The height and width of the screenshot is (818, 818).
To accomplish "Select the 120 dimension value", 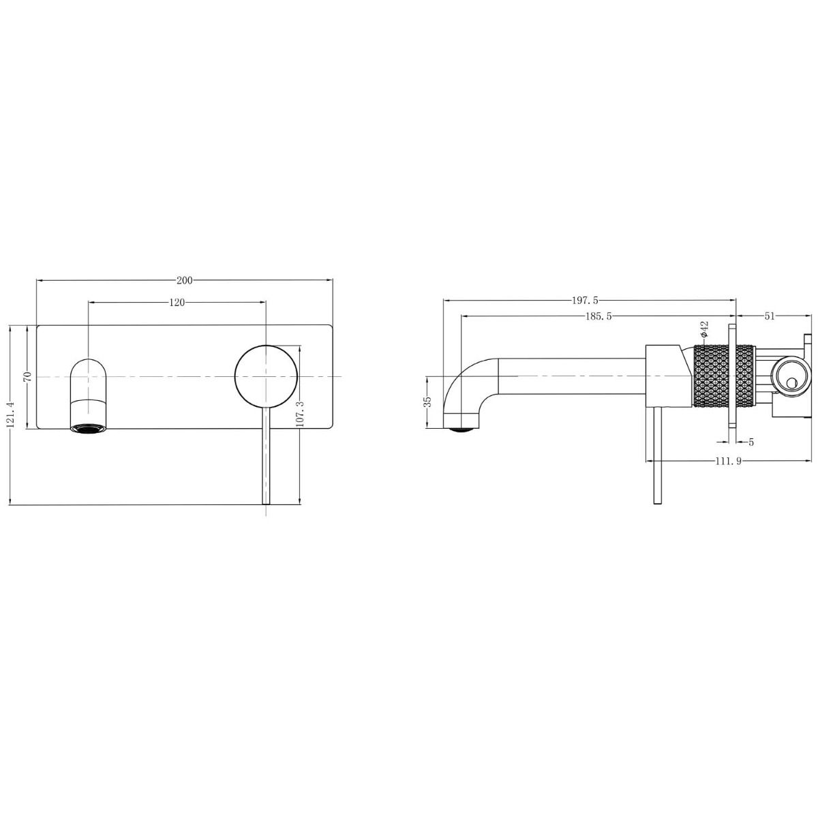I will [177, 303].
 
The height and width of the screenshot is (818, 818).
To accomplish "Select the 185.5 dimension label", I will [598, 316].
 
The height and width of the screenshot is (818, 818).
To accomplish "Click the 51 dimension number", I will [770, 316].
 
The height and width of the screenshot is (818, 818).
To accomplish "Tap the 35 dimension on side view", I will [427, 402].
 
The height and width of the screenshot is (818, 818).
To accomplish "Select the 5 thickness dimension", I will [751, 442].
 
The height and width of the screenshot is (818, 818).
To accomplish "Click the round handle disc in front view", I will [266, 377].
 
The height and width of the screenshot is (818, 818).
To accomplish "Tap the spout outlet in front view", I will [89, 427].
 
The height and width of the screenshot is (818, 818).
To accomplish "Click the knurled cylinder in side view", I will [723, 376].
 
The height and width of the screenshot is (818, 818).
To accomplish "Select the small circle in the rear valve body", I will [791, 384].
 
